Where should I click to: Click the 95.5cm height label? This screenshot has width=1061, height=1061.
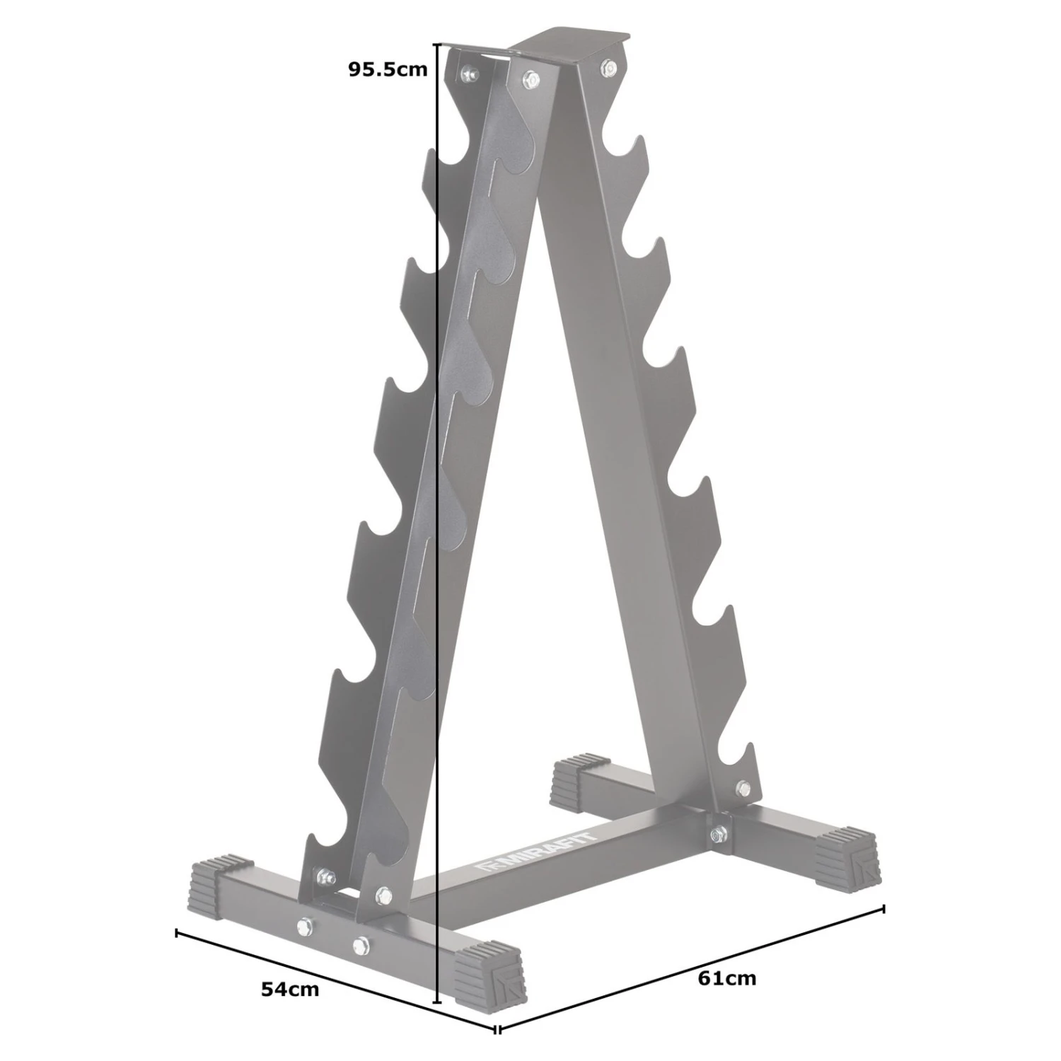[388, 69]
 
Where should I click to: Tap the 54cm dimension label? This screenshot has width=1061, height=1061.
[290, 989]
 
